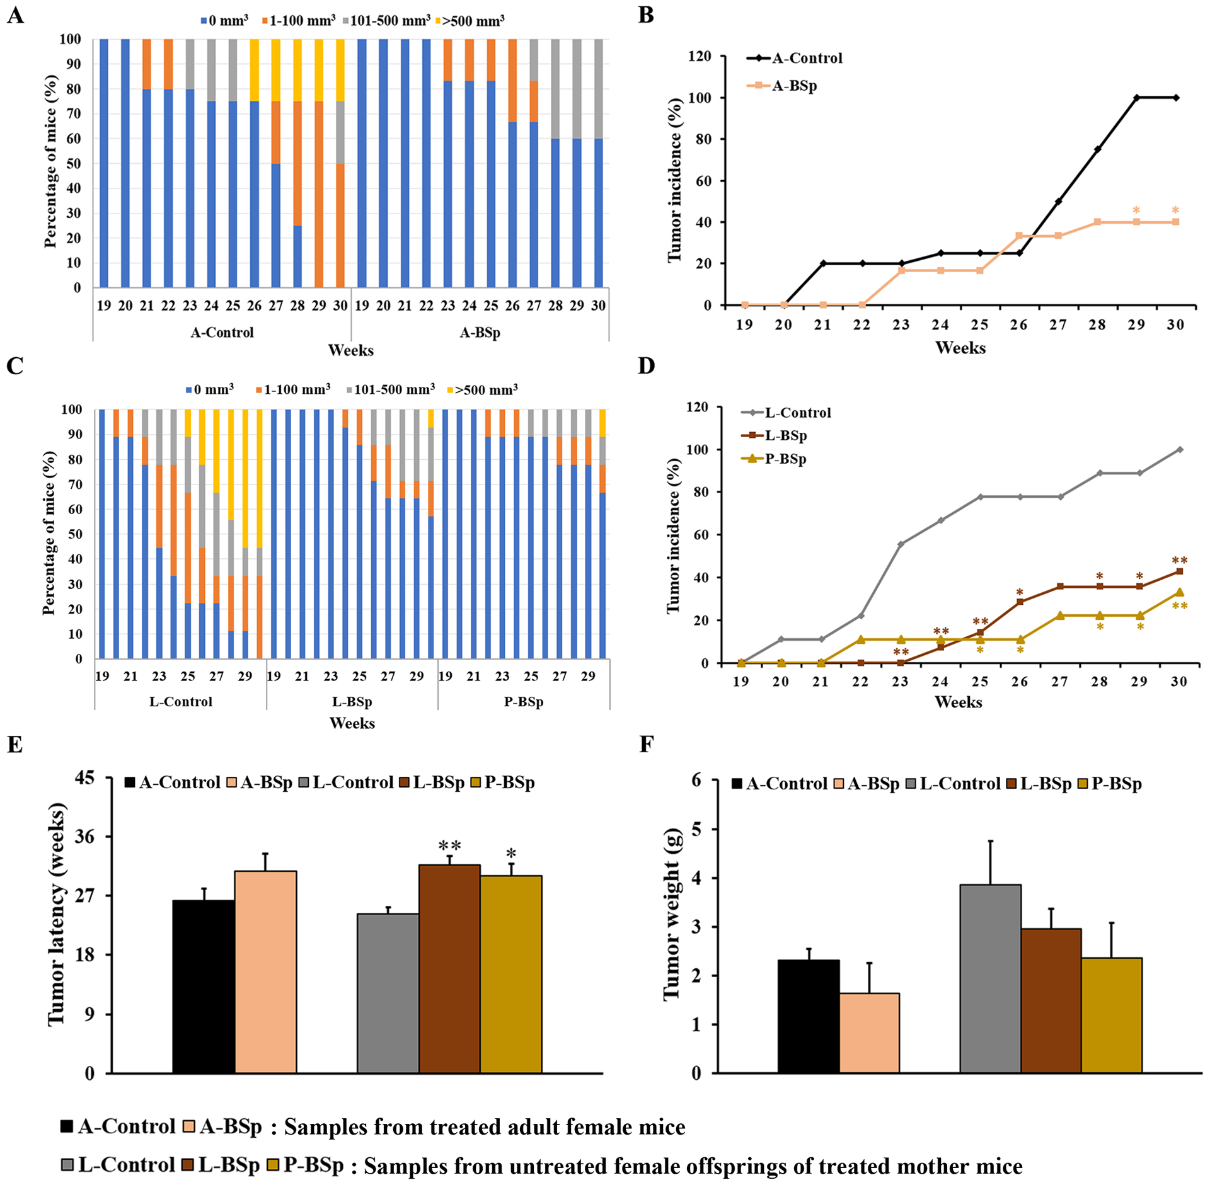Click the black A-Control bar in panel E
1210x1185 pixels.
pyautogui.click(x=204, y=986)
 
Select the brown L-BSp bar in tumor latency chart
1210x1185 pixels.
pyautogui.click(x=449, y=968)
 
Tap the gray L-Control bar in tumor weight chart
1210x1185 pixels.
pyautogui.click(x=990, y=978)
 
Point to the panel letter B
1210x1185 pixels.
pyautogui.click(x=646, y=15)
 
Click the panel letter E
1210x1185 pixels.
pyautogui.click(x=14, y=744)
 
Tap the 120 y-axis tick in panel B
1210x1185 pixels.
pyautogui.click(x=700, y=57)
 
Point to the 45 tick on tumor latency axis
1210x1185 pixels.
pyautogui.click(x=85, y=778)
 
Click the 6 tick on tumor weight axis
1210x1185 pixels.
pyautogui.click(x=696, y=780)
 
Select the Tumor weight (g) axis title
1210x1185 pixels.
pyautogui.click(x=672, y=914)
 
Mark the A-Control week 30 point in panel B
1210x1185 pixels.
pyautogui.click(x=1176, y=98)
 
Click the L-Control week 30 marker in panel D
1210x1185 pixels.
pyautogui.click(x=1180, y=449)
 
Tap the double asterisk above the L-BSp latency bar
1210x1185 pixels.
pyautogui.click(x=450, y=845)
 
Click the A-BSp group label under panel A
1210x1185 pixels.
pyautogui.click(x=480, y=332)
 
